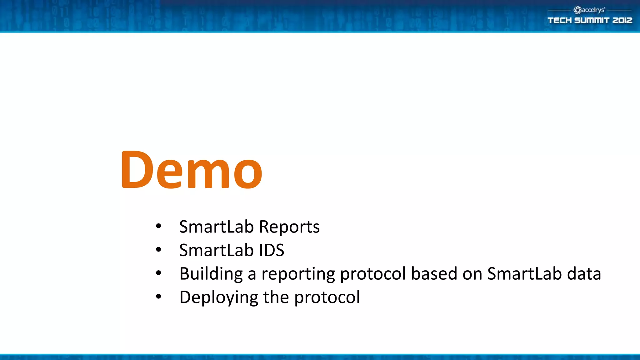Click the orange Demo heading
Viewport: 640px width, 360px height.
point(192,170)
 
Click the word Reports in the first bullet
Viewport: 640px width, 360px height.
point(289,227)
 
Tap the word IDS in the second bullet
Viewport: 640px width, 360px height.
point(271,250)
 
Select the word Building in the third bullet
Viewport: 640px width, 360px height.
point(211,274)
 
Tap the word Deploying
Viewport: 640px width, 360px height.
point(218,297)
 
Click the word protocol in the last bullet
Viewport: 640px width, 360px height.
point(327,297)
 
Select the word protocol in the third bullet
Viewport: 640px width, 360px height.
point(373,274)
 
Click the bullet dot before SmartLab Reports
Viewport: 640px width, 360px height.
point(158,226)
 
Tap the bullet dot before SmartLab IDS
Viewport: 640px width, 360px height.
point(158,250)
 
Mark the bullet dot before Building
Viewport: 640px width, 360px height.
point(158,273)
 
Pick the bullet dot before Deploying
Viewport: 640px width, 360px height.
point(158,297)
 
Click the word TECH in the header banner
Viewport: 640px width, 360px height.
point(559,20)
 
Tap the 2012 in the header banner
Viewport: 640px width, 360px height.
point(622,20)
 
